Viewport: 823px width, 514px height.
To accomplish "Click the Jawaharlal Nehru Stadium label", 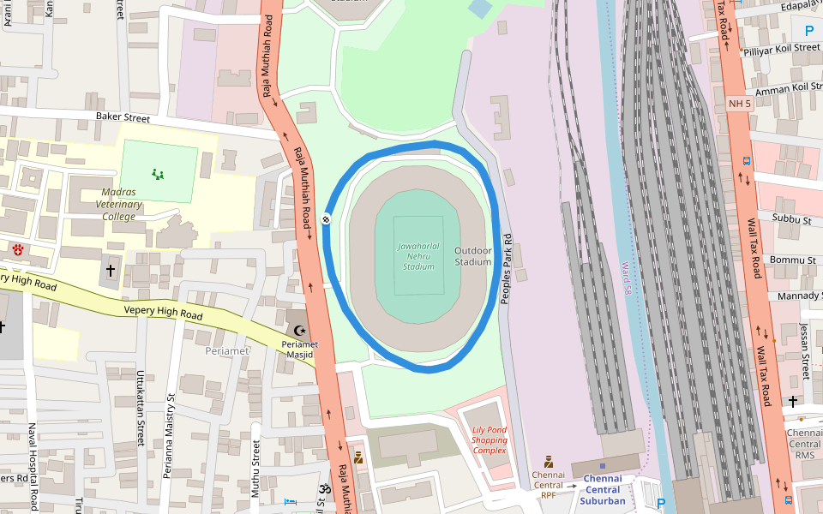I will click(418, 256).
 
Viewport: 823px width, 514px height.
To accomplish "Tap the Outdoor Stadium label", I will click(473, 256).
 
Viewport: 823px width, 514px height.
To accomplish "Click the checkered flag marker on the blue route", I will click(327, 219).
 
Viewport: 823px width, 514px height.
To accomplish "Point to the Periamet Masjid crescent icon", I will click(299, 331).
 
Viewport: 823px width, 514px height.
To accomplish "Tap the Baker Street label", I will click(123, 117).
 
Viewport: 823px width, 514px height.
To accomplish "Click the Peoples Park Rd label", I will click(506, 267).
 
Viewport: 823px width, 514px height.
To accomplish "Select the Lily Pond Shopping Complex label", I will click(490, 440).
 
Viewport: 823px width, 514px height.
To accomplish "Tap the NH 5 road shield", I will click(740, 104).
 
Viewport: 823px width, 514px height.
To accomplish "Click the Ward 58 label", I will click(627, 279).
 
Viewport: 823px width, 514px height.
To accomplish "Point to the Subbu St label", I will click(792, 221).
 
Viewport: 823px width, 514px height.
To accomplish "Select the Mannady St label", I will click(799, 296).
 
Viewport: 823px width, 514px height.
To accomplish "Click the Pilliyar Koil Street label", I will click(782, 49).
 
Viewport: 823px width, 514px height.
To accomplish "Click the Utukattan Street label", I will click(141, 408).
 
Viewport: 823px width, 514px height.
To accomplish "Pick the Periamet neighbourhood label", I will click(227, 351).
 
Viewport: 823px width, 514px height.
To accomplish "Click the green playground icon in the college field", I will click(158, 174).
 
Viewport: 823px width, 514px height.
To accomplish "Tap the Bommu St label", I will click(794, 260).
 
